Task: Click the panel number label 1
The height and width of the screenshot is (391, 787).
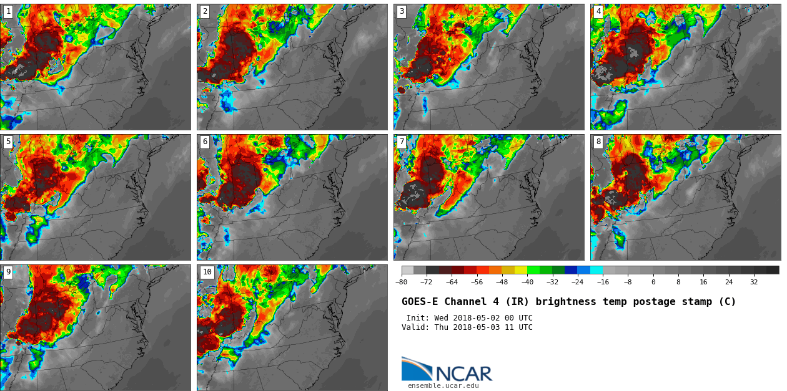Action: pyautogui.click(x=8, y=11)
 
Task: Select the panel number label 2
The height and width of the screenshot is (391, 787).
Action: pyautogui.click(x=205, y=11)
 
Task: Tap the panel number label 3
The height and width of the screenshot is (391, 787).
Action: pyautogui.click(x=402, y=11)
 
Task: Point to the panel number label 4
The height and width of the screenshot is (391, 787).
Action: pyautogui.click(x=598, y=11)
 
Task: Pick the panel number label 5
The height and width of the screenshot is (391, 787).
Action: pyautogui.click(x=8, y=142)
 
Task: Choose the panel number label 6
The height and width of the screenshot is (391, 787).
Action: pyautogui.click(x=205, y=142)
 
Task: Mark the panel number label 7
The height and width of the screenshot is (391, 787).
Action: pyautogui.click(x=402, y=142)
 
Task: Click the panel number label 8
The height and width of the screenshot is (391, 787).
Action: pyautogui.click(x=598, y=142)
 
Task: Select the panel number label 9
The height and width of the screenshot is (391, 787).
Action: pyautogui.click(x=8, y=272)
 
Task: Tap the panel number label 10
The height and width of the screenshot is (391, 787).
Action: pyautogui.click(x=207, y=272)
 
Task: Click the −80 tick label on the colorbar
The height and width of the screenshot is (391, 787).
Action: pyautogui.click(x=401, y=282)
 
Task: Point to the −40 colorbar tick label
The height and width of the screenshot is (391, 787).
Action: pyautogui.click(x=527, y=282)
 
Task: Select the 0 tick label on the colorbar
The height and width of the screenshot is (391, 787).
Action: pyautogui.click(x=653, y=282)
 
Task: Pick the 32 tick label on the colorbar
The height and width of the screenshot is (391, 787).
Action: pyautogui.click(x=754, y=282)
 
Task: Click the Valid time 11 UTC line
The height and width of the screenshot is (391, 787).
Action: pyautogui.click(x=467, y=327)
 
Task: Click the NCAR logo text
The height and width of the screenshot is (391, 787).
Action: pyautogui.click(x=463, y=374)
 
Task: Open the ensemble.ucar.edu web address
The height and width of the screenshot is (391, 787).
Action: pyautogui.click(x=443, y=386)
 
